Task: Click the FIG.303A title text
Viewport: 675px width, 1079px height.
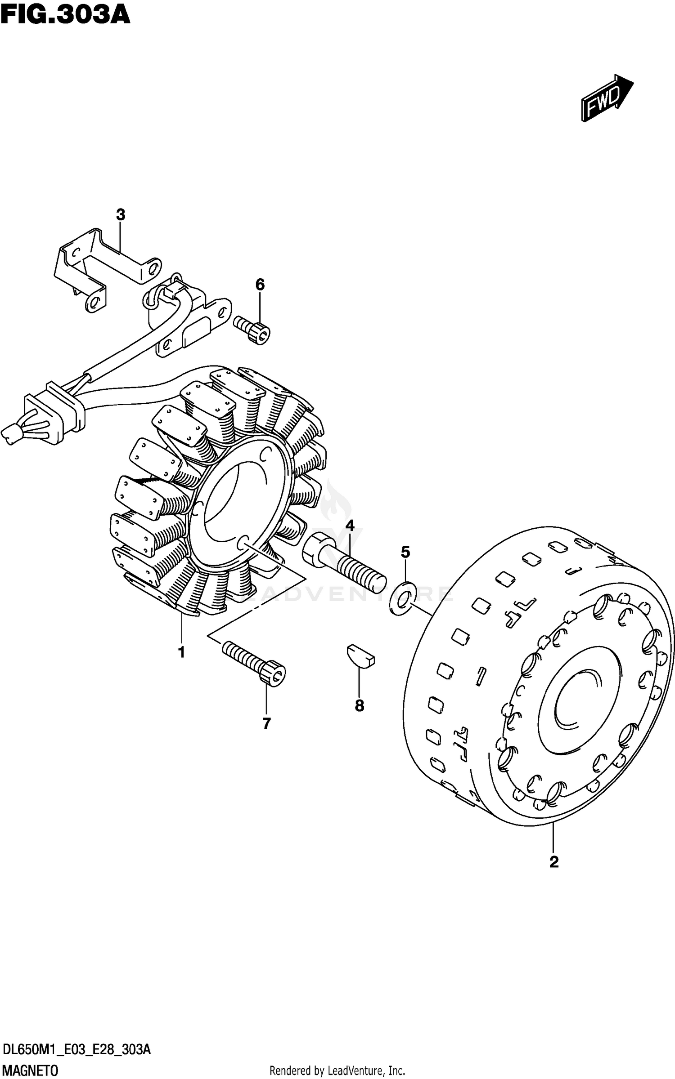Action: tap(65, 14)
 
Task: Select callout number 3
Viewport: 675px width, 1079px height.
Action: tap(120, 215)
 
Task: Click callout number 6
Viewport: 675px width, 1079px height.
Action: tap(260, 285)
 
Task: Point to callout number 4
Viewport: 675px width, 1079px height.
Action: tap(350, 525)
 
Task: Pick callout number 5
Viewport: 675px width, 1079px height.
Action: tap(405, 552)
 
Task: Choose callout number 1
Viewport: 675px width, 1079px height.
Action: tap(181, 652)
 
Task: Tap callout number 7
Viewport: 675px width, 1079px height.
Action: tap(266, 723)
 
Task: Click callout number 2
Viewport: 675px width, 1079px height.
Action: tap(554, 862)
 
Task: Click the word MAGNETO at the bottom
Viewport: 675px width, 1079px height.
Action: tap(31, 1071)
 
